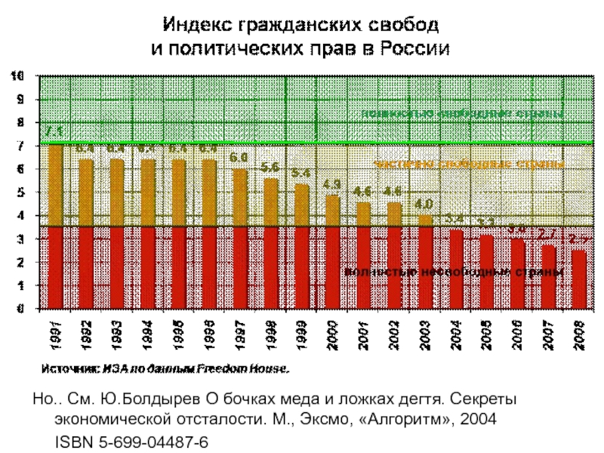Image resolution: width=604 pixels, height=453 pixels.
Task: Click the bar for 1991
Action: pos(55,226)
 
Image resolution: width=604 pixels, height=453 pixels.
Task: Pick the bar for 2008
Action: pos(579,279)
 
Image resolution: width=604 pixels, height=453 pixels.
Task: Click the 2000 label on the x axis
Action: pos(332,334)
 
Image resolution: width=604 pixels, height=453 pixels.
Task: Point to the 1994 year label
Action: pos(147,334)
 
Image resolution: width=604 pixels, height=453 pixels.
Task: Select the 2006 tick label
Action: pos(518,334)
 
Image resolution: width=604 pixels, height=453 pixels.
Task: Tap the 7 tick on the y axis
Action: pos(20,146)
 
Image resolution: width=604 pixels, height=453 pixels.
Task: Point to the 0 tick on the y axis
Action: pos(20,309)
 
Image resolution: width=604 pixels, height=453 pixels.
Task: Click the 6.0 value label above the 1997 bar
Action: pos(239,158)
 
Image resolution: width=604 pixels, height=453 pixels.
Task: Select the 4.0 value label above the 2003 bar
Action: pos(424,205)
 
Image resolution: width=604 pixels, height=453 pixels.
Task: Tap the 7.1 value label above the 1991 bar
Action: pos(53,132)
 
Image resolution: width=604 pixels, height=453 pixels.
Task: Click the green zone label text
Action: pos(463,114)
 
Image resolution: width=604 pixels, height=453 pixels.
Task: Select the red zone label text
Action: pos(454,271)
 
